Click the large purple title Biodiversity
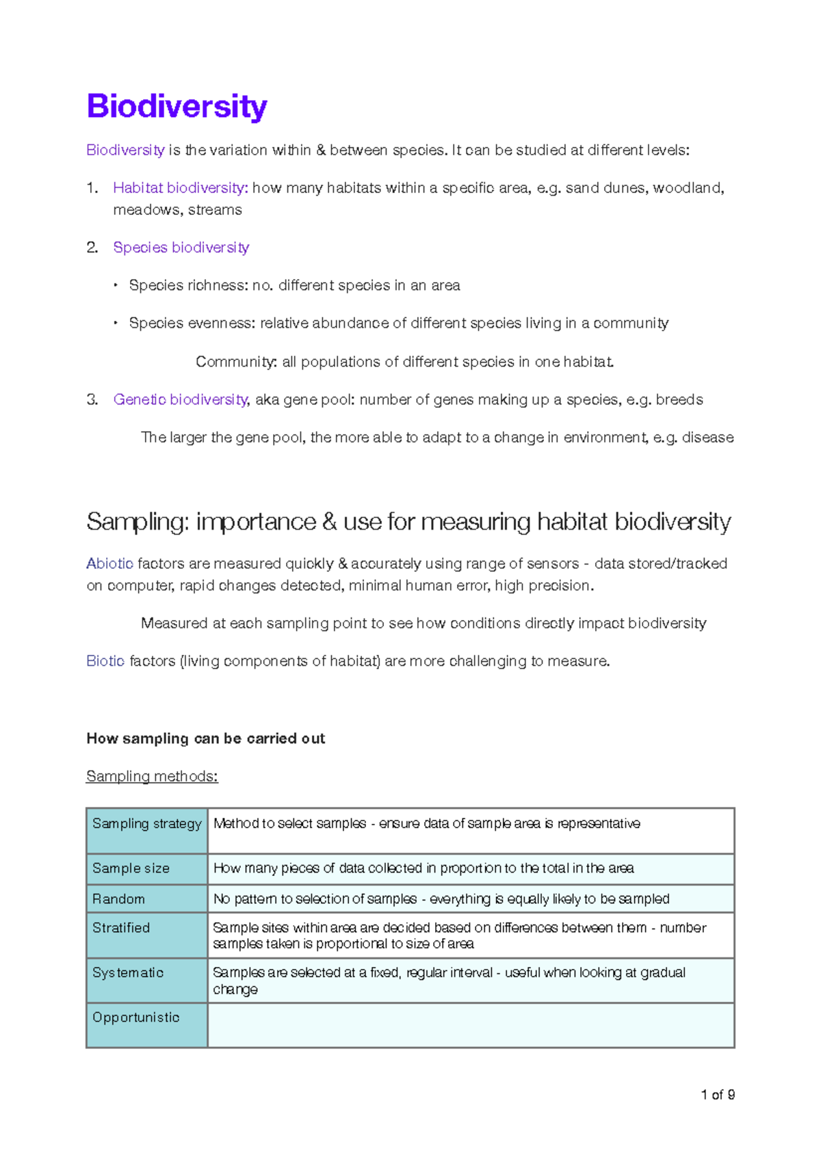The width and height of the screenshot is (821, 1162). click(177, 107)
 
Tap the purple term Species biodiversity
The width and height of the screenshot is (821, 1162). click(181, 247)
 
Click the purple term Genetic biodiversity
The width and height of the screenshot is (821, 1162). click(180, 400)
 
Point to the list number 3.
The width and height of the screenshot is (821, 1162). click(92, 400)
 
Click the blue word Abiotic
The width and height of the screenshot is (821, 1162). click(109, 564)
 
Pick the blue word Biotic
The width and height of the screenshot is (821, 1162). click(105, 661)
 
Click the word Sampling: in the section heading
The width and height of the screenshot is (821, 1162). click(138, 522)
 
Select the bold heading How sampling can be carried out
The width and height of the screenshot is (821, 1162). click(205, 738)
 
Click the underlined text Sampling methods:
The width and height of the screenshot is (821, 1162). click(152, 776)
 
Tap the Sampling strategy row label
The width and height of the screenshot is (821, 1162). click(146, 824)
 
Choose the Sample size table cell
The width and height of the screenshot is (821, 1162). click(131, 868)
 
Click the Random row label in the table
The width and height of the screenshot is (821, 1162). click(118, 899)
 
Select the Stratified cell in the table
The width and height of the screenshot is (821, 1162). click(121, 928)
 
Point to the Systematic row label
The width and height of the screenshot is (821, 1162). click(128, 972)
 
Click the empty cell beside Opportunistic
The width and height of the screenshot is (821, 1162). click(471, 1025)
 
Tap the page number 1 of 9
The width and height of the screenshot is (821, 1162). click(717, 1095)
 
